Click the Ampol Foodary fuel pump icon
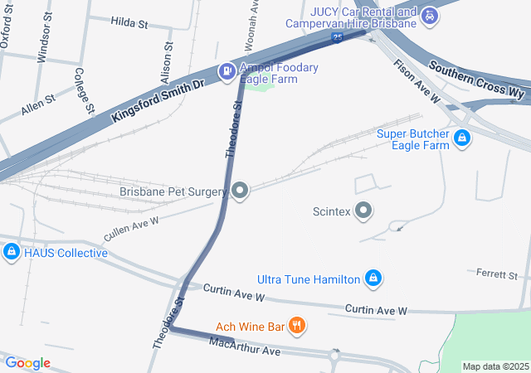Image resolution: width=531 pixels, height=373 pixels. [x=226, y=72]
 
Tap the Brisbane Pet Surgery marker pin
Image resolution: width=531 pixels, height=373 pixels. [x=241, y=191]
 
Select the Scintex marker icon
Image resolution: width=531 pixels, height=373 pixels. [x=363, y=211]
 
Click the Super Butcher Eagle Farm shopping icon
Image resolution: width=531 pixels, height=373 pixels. [x=463, y=139]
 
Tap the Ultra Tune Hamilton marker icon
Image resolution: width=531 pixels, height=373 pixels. [x=373, y=278]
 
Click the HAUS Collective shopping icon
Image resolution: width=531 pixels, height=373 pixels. [x=12, y=252]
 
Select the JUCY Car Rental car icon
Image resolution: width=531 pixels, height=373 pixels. [x=429, y=16]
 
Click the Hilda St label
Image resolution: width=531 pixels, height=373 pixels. [x=129, y=24]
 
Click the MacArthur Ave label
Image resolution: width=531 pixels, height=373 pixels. [x=245, y=346]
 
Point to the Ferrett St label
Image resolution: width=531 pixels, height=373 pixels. [x=496, y=273]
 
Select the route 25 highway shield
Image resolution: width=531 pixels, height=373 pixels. [x=337, y=37]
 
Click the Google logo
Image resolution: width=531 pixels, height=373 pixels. [x=27, y=363]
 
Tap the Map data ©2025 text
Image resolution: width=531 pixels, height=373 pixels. [x=495, y=366]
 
